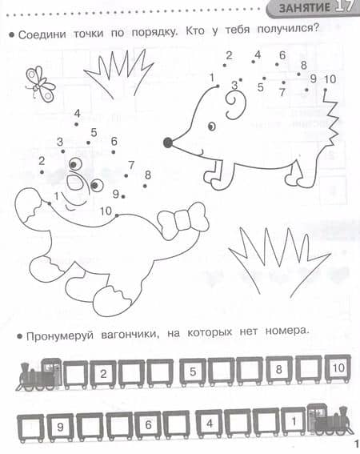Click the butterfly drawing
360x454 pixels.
[x=40, y=84]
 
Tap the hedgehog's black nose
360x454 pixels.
[x=168, y=143]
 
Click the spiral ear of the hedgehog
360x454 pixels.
[x=235, y=105]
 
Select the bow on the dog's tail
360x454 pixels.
[x=183, y=221]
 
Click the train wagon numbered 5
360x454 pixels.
[x=193, y=372]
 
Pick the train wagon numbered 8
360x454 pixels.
[x=279, y=370]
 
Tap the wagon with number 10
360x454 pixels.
[x=338, y=369]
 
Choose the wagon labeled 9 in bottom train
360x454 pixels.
[x=60, y=428]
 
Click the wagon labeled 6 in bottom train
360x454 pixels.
[x=148, y=426]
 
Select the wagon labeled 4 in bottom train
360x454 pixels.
[x=210, y=424]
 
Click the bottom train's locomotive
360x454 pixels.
[x=330, y=420]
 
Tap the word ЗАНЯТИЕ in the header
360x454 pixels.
[x=305, y=7]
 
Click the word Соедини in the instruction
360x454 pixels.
[x=42, y=34]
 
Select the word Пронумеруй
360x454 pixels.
[x=60, y=335]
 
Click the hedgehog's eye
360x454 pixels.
[x=212, y=127]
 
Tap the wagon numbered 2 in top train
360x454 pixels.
[x=103, y=375]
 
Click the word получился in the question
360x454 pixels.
[x=288, y=29]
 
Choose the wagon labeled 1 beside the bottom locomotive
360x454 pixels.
[x=294, y=421]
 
